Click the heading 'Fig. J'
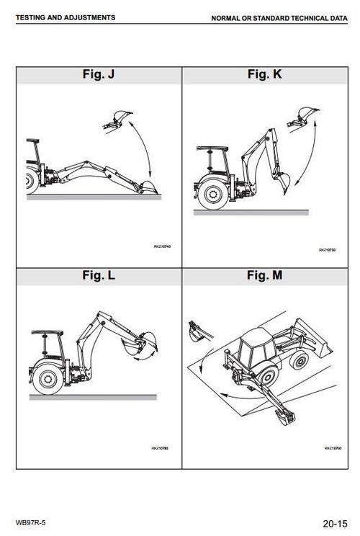point(98,74)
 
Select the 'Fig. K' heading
point(263,74)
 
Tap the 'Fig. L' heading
point(98,274)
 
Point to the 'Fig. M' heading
point(263,274)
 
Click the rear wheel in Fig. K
point(214,192)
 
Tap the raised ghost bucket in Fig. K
point(307,113)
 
